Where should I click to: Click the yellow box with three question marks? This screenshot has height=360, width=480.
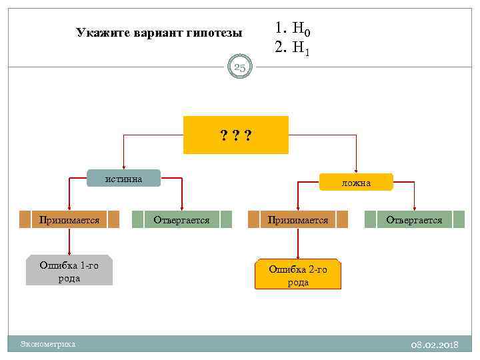pyautogui.click(x=236, y=135)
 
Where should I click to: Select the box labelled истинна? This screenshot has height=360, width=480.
pyautogui.click(x=124, y=178)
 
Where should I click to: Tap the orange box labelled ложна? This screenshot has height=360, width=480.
pyautogui.click(x=357, y=182)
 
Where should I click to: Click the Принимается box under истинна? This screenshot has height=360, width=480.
pyautogui.click(x=69, y=219)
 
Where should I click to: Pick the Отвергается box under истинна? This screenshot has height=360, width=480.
pyautogui.click(x=181, y=219)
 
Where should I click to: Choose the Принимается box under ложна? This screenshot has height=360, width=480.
pyautogui.click(x=298, y=219)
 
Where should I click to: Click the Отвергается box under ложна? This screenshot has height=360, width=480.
pyautogui.click(x=414, y=219)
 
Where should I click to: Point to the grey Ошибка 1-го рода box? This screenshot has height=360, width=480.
pyautogui.click(x=69, y=271)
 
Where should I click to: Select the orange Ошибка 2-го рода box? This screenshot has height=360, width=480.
pyautogui.click(x=298, y=275)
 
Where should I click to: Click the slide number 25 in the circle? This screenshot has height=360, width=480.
pyautogui.click(x=240, y=67)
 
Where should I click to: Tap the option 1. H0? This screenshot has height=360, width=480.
pyautogui.click(x=293, y=29)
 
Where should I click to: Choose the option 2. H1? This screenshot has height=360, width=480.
pyautogui.click(x=293, y=47)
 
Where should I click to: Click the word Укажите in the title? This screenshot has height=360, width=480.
pyautogui.click(x=99, y=32)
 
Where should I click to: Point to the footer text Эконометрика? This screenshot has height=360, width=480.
pyautogui.click(x=48, y=344)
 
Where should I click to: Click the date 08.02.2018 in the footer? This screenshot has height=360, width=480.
pyautogui.click(x=435, y=344)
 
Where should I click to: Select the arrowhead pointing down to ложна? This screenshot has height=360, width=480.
pyautogui.click(x=357, y=171)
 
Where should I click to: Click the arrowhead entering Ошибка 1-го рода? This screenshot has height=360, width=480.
pyautogui.click(x=69, y=252)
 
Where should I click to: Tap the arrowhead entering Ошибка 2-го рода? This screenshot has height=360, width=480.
pyautogui.click(x=298, y=256)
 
